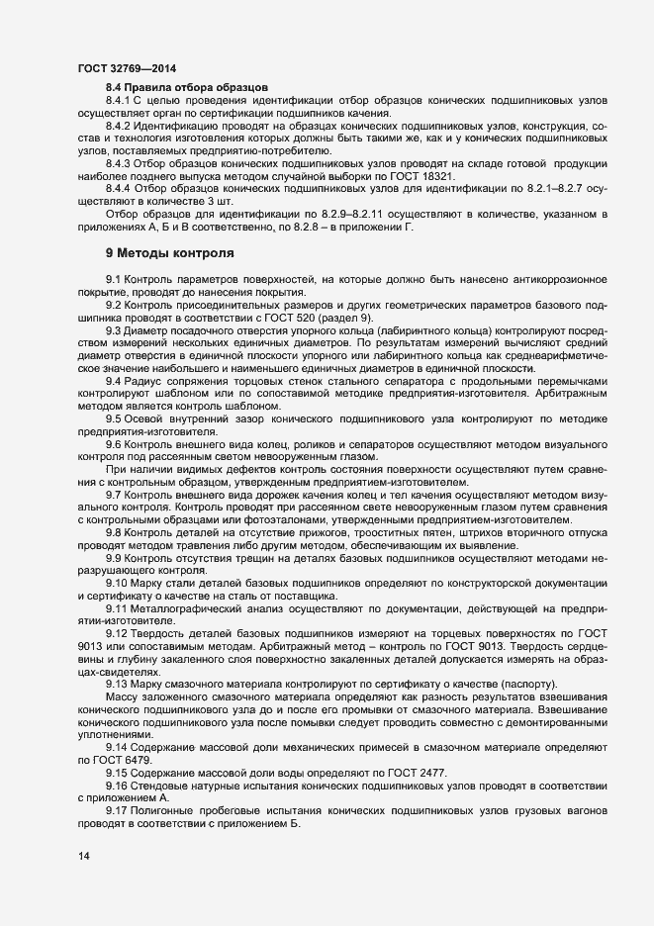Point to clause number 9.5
pyautogui.click(x=113, y=420)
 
